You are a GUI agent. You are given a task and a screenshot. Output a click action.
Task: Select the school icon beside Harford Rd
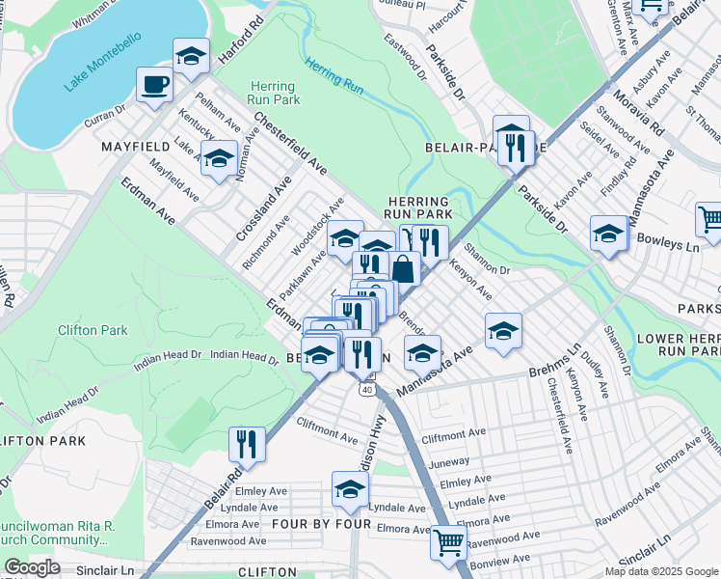tap(191, 56)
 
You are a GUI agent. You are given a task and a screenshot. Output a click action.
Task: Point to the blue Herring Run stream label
tap(334, 76)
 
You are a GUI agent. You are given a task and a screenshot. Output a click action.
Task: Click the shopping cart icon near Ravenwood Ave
tap(448, 541)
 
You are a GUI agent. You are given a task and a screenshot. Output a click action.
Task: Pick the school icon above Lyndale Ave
tap(350, 489)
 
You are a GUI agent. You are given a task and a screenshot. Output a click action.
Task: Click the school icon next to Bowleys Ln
tap(609, 234)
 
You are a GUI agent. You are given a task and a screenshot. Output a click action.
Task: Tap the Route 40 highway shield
tap(366, 389)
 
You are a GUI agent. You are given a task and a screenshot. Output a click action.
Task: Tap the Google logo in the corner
tap(32, 567)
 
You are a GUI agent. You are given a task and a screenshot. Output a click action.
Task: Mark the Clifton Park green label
tap(93, 330)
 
